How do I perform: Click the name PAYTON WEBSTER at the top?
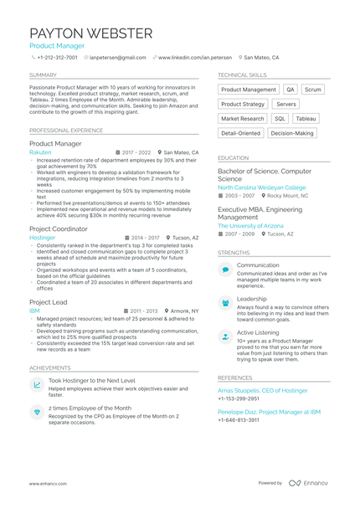point(91,33)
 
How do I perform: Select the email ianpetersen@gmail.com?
point(118,58)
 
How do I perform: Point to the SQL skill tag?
point(280,119)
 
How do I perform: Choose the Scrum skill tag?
point(312,90)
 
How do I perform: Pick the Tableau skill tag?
point(306,119)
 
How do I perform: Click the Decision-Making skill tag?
point(291,133)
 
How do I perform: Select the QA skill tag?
point(291,90)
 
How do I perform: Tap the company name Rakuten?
point(40,153)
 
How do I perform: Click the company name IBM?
point(34,311)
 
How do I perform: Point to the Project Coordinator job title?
point(58,229)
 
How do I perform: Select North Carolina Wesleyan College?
point(262,188)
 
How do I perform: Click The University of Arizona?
point(251,225)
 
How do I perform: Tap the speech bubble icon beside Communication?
point(225,269)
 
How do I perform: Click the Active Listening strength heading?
point(259,332)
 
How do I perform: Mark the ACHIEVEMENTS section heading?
point(50,368)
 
